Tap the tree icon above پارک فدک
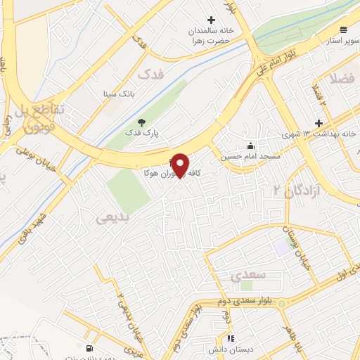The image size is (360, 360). pyautogui.click(x=141, y=122)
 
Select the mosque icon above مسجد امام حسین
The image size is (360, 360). pyautogui.click(x=250, y=146)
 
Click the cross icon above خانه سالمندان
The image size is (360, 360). pyautogui.click(x=211, y=20)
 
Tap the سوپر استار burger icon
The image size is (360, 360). pyautogui.click(x=343, y=30)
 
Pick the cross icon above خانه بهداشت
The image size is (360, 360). pyautogui.click(x=318, y=122)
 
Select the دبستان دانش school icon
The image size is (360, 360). pyautogui.click(x=232, y=338)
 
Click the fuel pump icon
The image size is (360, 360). pyautogui.click(x=89, y=349)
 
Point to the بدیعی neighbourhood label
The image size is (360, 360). pyautogui.click(x=112, y=219)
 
